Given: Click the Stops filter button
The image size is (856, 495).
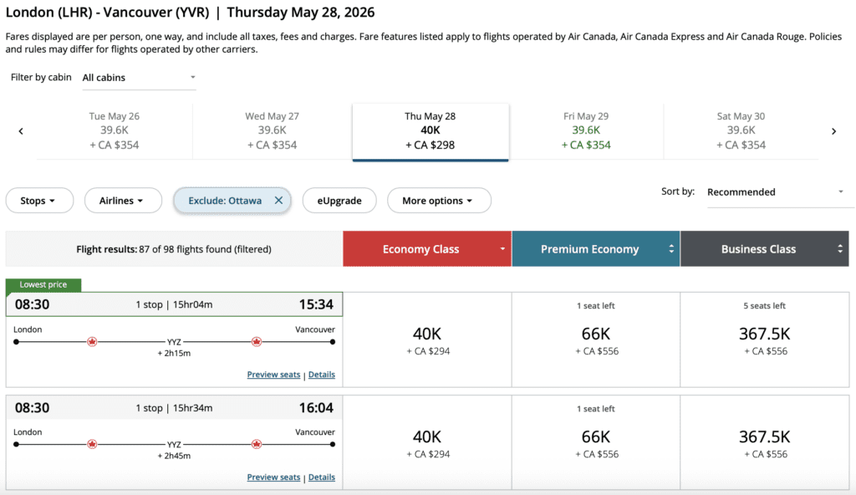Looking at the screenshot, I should pyautogui.click(x=39, y=201).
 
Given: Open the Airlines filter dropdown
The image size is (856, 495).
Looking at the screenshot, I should pyautogui.click(x=121, y=201).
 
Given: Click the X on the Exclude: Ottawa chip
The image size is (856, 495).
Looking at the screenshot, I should pyautogui.click(x=278, y=201).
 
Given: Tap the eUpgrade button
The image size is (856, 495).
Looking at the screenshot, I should pyautogui.click(x=339, y=201).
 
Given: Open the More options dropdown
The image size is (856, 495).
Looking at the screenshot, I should pyautogui.click(x=438, y=201).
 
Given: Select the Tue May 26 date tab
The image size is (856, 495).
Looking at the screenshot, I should pyautogui.click(x=115, y=130).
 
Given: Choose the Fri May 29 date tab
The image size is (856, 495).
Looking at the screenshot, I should pyautogui.click(x=586, y=130).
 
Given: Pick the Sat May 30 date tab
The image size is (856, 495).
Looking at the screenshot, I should pyautogui.click(x=741, y=130).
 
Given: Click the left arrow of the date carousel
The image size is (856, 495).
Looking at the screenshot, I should pyautogui.click(x=21, y=131).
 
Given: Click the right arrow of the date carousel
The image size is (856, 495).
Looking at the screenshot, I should pyautogui.click(x=833, y=131).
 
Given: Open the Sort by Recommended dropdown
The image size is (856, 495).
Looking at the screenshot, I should pyautogui.click(x=775, y=192).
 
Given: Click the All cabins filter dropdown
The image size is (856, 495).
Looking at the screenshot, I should pyautogui.click(x=139, y=78).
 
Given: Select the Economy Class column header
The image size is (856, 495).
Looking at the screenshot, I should pyautogui.click(x=426, y=249).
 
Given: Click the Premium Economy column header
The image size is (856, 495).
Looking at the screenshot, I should pyautogui.click(x=595, y=249).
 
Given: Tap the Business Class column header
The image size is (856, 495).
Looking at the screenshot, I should pyautogui.click(x=764, y=249).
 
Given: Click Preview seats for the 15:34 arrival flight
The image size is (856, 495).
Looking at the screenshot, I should pyautogui.click(x=273, y=375).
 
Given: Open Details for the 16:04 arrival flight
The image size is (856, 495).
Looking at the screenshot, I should pyautogui.click(x=322, y=477).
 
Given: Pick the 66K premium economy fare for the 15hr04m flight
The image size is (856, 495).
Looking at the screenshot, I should pyautogui.click(x=596, y=339).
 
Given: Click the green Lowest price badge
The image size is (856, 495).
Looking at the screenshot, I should pyautogui.click(x=43, y=285).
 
